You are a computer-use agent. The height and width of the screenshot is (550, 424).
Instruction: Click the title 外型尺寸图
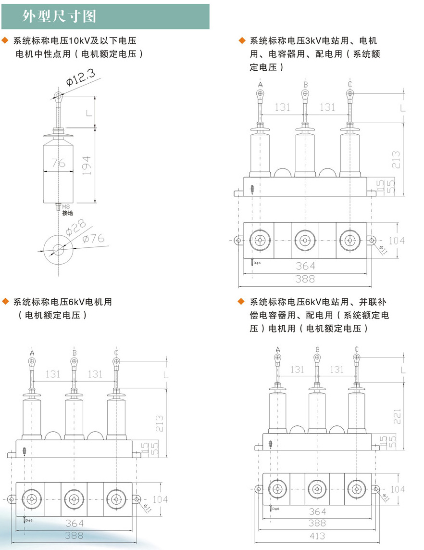(x=60, y=16)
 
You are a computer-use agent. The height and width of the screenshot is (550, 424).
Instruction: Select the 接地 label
(x=67, y=213)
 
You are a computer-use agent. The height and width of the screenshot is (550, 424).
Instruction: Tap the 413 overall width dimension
(x=317, y=536)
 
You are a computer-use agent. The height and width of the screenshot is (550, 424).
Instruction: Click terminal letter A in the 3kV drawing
(x=261, y=85)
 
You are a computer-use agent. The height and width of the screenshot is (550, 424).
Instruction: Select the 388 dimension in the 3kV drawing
(x=305, y=278)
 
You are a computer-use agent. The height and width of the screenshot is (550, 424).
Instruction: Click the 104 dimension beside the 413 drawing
(x=397, y=489)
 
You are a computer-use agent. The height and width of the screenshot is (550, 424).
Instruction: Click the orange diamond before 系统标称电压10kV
(x=6, y=40)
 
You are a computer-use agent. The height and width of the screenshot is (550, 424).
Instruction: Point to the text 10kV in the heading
(x=78, y=41)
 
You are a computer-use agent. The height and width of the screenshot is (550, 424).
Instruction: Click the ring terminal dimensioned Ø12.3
(x=59, y=96)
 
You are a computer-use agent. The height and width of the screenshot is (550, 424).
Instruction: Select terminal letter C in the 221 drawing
(x=356, y=349)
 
